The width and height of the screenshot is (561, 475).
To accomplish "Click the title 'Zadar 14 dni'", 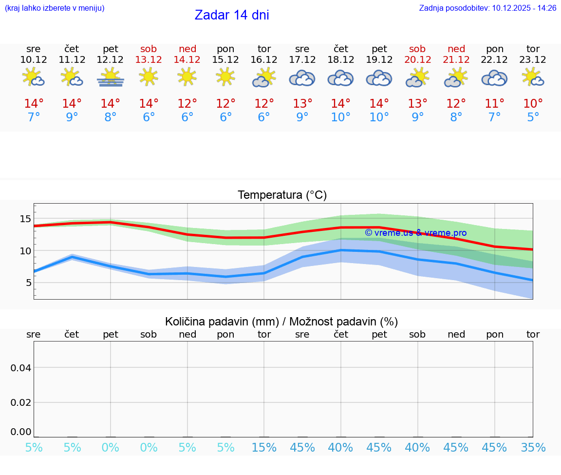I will [x=232, y=15].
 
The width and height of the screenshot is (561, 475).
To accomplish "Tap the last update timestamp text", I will [x=487, y=8].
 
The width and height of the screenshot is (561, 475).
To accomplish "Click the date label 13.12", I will [x=149, y=59].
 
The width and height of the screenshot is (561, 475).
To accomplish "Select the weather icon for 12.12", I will [x=111, y=77].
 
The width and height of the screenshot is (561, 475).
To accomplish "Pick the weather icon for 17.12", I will [x=302, y=78].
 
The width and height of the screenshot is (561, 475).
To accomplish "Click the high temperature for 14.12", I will [x=187, y=103].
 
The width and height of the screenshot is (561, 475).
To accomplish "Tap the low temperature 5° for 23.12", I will [x=533, y=117].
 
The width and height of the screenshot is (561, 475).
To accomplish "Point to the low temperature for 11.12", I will [x=72, y=117].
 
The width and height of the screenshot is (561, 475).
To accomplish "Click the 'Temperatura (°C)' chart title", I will [x=282, y=195].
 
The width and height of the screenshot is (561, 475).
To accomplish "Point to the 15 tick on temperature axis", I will [x=25, y=219].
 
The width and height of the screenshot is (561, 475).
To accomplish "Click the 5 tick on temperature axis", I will [x=28, y=283].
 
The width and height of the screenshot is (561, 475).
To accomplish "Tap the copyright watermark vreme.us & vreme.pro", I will [x=415, y=233].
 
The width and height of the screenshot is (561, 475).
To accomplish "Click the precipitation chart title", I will [x=281, y=322].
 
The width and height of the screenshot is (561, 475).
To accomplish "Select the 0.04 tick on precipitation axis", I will [x=21, y=368].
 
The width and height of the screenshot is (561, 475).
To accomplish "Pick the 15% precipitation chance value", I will [x=264, y=447].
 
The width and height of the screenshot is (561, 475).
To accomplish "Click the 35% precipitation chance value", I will [x=533, y=447].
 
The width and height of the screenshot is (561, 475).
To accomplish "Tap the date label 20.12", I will [x=417, y=59].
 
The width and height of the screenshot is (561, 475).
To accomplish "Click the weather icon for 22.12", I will [x=494, y=78].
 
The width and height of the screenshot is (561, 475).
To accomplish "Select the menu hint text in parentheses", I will [x=55, y=8].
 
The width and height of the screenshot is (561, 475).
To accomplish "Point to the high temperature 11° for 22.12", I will [x=494, y=103].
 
